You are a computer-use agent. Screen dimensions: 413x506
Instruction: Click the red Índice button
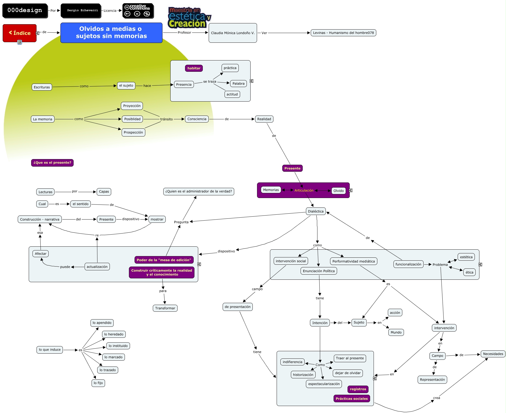click(20, 33)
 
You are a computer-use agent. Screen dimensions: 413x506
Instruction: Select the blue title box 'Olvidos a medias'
click(111, 33)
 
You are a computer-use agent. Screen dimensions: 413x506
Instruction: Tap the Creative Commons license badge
click(138, 11)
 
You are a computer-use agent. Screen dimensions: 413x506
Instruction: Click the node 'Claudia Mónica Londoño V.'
click(233, 33)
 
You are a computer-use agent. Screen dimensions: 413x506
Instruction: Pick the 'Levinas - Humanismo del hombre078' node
click(343, 33)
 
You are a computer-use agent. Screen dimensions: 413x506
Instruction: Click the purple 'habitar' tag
click(194, 68)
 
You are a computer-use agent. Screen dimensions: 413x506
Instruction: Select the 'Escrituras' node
click(42, 87)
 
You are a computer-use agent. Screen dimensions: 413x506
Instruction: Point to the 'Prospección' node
click(133, 132)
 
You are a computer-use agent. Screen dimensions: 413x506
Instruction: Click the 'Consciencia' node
click(197, 119)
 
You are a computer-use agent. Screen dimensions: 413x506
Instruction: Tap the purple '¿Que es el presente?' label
click(52, 163)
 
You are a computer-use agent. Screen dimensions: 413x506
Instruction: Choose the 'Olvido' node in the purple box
click(338, 191)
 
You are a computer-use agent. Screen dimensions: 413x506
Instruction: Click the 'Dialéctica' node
click(316, 211)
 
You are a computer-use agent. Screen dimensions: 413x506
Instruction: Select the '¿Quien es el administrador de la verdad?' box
click(198, 191)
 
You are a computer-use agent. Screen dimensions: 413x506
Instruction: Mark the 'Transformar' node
click(165, 308)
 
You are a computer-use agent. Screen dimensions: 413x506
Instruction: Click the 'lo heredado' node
click(114, 334)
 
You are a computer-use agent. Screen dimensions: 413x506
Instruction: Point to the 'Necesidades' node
click(493, 354)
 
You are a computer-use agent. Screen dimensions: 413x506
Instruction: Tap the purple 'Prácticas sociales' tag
click(352, 398)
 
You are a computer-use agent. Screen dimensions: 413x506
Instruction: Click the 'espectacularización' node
click(324, 384)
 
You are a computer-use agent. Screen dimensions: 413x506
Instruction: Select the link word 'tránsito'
click(167, 119)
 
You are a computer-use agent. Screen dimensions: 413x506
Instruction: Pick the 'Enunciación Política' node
click(319, 271)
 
